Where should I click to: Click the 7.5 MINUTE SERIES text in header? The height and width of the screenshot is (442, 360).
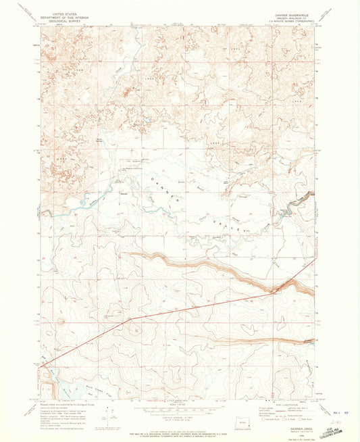[x=292, y=20]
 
